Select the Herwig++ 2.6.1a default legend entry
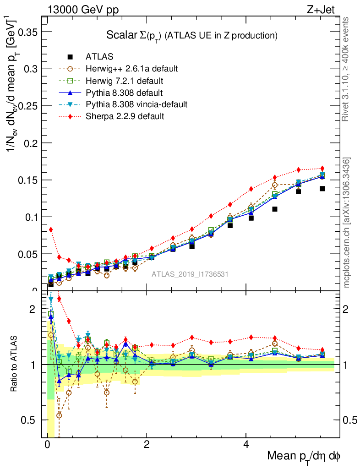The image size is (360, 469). pos(131,69)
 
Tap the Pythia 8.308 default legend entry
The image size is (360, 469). pos(124,93)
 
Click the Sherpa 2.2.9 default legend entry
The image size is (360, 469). pos(125,116)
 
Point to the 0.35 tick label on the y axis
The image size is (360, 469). pos(26,32)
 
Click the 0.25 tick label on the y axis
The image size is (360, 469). pos(26,106)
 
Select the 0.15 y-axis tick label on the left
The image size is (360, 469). pos(26,180)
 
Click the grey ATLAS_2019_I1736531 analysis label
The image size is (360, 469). pos(190,274)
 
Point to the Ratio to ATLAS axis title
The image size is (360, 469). pos(15,365)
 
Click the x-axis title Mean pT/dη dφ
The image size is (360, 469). pos(304,456)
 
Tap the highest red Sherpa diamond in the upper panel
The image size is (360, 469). pos(322,169)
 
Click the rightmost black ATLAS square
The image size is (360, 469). pos(322,189)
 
